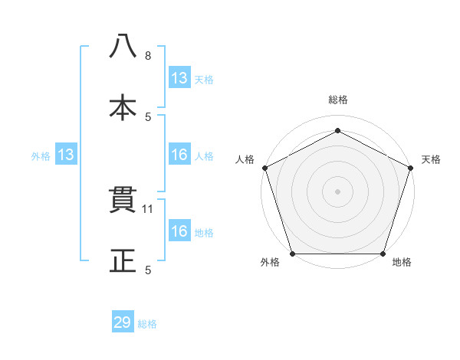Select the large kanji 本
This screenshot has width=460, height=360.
click(x=123, y=108)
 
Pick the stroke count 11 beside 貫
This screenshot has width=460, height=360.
click(x=149, y=208)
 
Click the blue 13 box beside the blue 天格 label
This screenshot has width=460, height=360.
click(x=179, y=78)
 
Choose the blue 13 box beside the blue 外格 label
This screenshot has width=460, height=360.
click(x=66, y=155)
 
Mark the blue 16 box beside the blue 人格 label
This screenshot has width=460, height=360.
click(x=179, y=155)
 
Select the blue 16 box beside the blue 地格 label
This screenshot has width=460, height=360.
click(x=179, y=231)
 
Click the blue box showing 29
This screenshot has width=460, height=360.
click(x=123, y=322)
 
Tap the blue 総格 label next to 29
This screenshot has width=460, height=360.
click(x=147, y=324)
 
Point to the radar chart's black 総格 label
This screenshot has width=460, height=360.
click(x=337, y=100)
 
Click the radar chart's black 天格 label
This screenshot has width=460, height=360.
click(x=431, y=159)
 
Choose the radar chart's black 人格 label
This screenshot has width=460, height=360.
click(x=245, y=159)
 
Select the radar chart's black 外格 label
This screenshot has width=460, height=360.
click(x=270, y=263)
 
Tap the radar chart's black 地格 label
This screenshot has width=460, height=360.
click(x=402, y=263)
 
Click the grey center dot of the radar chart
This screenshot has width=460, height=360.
click(x=337, y=191)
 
